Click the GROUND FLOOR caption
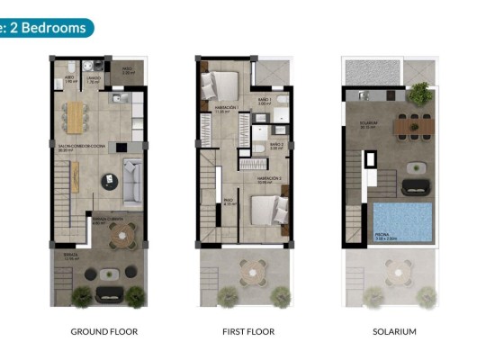tap(104, 331)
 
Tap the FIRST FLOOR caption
tap(247, 331)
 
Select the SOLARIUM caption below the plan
tap(394, 331)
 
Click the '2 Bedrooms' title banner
tap(45, 27)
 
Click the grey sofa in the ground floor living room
tap(132, 183)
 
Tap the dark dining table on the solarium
tap(414, 127)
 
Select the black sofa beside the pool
tap(417, 186)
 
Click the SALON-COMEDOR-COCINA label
tap(76, 148)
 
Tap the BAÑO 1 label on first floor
tap(264, 101)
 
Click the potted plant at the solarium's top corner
tap(418, 93)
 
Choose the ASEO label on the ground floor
tap(69, 78)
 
